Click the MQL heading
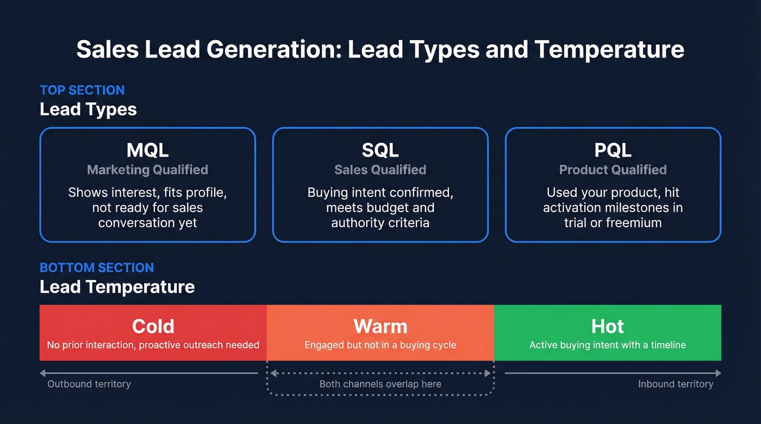(x=148, y=149)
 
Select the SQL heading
(x=380, y=149)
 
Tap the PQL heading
(x=613, y=149)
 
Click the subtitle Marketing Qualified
(x=148, y=170)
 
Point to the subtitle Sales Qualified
(x=380, y=170)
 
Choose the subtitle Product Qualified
(x=613, y=170)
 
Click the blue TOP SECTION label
(x=82, y=90)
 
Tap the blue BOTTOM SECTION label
(x=97, y=268)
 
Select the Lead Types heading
(x=88, y=109)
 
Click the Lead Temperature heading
(x=117, y=287)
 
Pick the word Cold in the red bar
(x=153, y=326)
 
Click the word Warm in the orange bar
(x=380, y=326)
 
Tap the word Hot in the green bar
(x=608, y=326)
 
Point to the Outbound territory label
(x=89, y=384)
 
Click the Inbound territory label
(x=676, y=384)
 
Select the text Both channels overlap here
(x=380, y=384)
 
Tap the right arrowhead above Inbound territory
(x=718, y=373)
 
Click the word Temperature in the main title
(x=609, y=50)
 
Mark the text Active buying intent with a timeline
(x=608, y=345)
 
